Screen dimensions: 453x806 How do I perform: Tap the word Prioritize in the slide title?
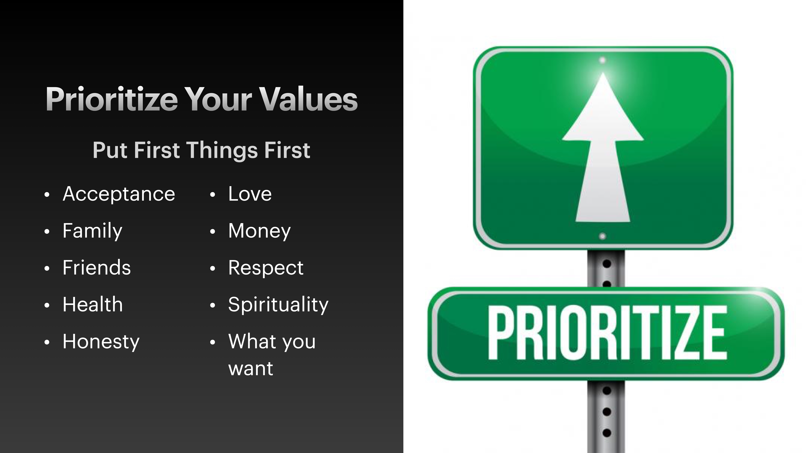point(112,99)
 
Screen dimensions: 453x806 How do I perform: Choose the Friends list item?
point(96,268)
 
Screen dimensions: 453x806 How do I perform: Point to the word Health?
point(93,305)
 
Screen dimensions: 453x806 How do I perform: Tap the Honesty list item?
point(101,341)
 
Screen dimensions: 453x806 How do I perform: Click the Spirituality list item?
point(278,305)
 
